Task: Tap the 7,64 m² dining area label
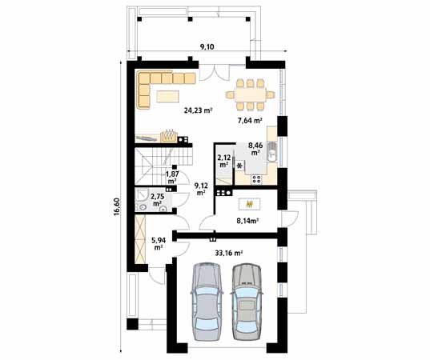(x=250, y=121)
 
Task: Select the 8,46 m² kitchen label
(x=255, y=148)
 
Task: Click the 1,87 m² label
(x=171, y=177)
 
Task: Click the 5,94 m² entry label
(x=159, y=243)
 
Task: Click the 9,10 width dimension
(x=207, y=47)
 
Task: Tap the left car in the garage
(x=206, y=302)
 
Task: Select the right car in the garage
(x=247, y=302)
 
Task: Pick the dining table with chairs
(x=250, y=94)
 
